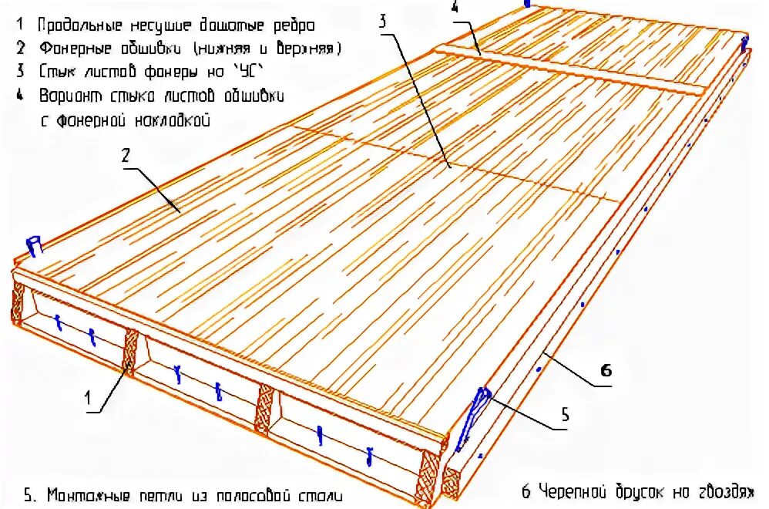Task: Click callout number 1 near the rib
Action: pos(89,398)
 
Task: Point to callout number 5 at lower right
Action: pos(564,416)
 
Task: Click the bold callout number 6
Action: pos(606,371)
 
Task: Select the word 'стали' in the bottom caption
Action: pos(319,494)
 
